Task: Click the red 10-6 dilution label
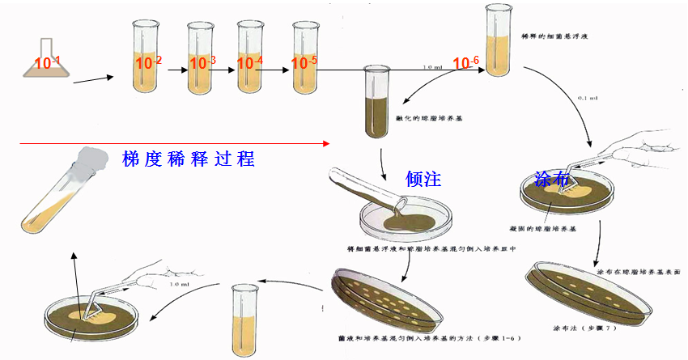coord(466,63)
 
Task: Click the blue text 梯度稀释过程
coord(188,158)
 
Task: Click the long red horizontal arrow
coord(174,143)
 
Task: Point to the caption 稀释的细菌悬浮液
coord(567,38)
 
